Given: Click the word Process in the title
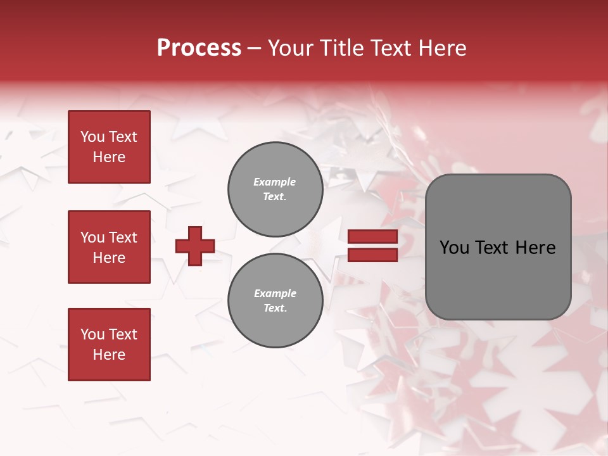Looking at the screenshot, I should click(199, 48).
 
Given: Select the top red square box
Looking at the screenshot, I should click(109, 147).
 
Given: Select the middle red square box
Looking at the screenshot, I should click(109, 247).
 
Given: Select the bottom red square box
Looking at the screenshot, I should click(109, 345).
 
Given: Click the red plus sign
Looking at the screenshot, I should click(195, 246).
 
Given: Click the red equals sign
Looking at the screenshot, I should click(373, 246).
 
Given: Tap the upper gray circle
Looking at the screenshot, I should click(275, 189).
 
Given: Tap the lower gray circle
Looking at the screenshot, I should click(275, 301).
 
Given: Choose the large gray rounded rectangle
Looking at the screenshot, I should click(498, 247).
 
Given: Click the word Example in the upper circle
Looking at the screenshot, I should click(275, 182).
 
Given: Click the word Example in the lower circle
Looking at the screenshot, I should click(275, 293).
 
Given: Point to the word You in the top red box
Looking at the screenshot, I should click(92, 137).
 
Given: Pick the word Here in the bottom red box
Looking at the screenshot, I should click(109, 355).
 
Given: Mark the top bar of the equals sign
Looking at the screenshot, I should click(373, 237).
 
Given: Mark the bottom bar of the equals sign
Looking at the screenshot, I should click(373, 255).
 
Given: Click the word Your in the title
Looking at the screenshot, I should click(289, 48).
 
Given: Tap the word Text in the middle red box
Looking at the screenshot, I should click(122, 237).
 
